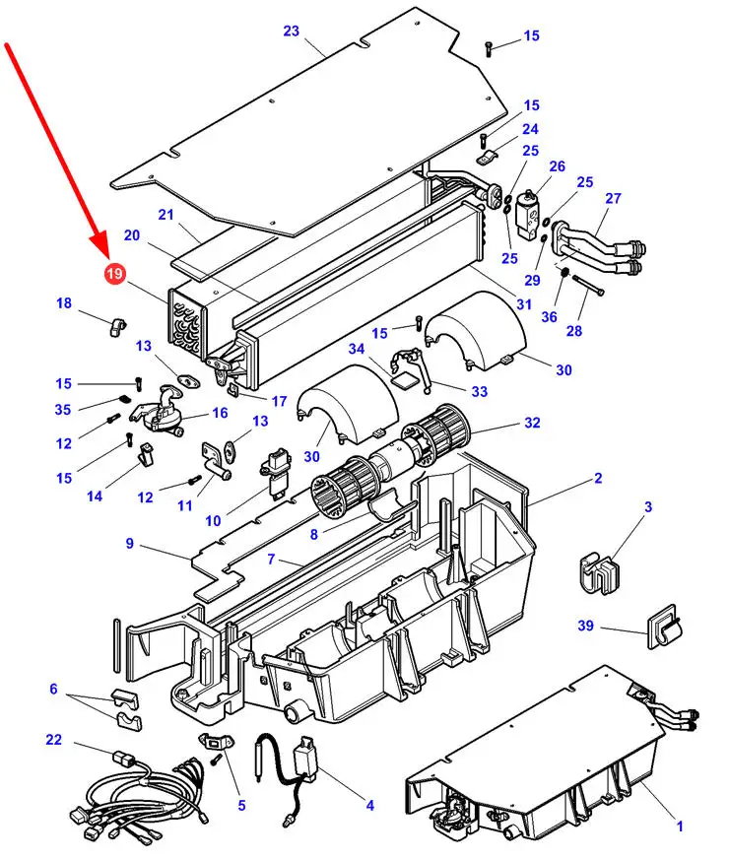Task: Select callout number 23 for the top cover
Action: (x=291, y=31)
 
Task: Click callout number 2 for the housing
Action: (x=598, y=479)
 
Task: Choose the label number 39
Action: (x=586, y=627)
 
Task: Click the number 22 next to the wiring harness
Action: (x=54, y=740)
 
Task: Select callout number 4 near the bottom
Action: (x=369, y=805)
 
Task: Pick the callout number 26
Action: (x=557, y=166)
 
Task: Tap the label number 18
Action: (x=64, y=303)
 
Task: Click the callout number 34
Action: (x=356, y=348)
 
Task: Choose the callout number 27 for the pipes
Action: (x=613, y=198)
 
